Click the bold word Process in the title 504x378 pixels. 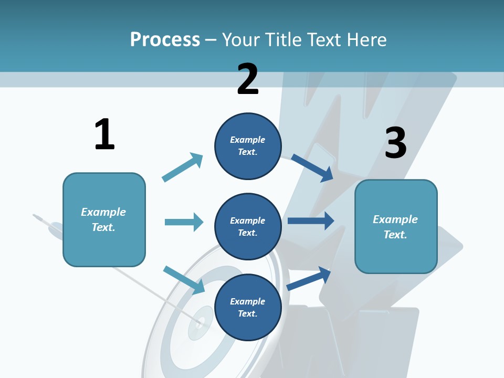click(165, 39)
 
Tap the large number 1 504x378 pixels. click(104, 134)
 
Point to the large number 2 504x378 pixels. click(248, 79)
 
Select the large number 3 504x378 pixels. click(395, 143)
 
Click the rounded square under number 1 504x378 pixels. click(104, 219)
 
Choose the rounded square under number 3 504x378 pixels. click(396, 227)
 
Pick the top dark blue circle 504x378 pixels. click(248, 145)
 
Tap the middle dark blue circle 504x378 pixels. click(248, 226)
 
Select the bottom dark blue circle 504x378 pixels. click(248, 307)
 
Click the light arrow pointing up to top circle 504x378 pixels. click(182, 167)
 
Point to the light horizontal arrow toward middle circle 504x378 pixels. click(184, 222)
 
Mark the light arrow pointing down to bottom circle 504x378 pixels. click(184, 279)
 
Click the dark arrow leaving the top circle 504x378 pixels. click(312, 167)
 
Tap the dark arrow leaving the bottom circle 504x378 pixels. click(309, 278)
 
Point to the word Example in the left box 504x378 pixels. click(103, 212)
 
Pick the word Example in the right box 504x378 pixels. click(395, 219)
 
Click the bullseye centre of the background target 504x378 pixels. click(200, 321)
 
